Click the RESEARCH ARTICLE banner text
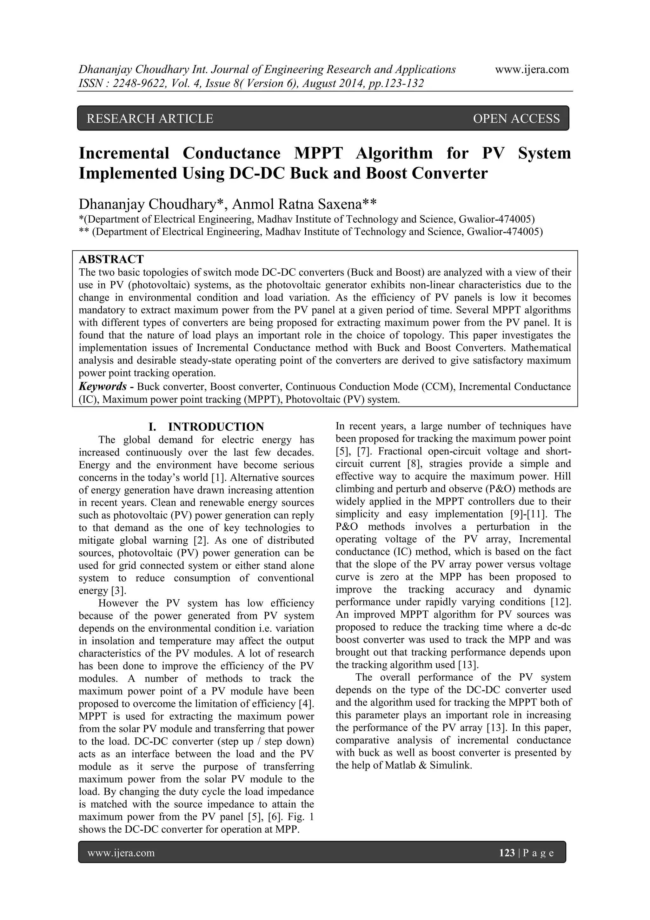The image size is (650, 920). click(150, 118)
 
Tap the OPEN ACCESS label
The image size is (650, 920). click(516, 118)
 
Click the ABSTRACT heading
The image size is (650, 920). click(111, 259)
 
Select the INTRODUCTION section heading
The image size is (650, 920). click(216, 426)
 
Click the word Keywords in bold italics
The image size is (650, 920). click(103, 387)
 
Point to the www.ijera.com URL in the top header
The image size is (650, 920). click(532, 69)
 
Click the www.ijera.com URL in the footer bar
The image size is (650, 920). click(121, 853)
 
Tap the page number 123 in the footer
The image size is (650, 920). click(507, 853)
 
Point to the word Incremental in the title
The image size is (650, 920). click(124, 153)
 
